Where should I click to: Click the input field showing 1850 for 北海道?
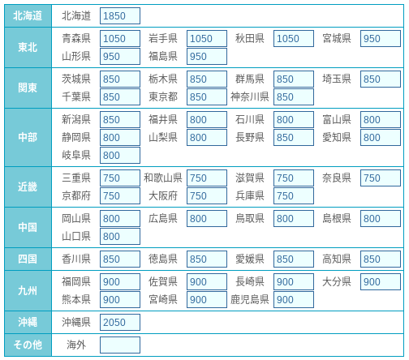pos(120,16)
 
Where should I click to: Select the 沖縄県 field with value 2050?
pos(120,322)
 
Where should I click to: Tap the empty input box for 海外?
pos(120,345)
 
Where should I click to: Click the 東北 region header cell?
pos(28,47)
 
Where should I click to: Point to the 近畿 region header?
pos(28,186)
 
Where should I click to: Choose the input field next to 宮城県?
pos(381,38)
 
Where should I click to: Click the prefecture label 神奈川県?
pos(250,96)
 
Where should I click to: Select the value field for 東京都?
pos(207,96)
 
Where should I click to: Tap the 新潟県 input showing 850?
pos(120,119)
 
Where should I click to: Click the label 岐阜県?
pos(76,155)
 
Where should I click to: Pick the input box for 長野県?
pos(294,137)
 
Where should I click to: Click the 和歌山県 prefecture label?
pos(163,178)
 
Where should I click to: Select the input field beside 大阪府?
pos(207,195)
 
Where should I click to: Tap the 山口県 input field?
pos(120,236)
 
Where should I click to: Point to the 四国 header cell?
pos(28,259)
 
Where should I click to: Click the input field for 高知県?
pos(381,259)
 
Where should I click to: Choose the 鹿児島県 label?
pos(250,299)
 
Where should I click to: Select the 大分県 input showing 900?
pos(381,281)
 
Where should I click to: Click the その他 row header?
pos(28,345)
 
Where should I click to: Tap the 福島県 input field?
pos(207,56)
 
